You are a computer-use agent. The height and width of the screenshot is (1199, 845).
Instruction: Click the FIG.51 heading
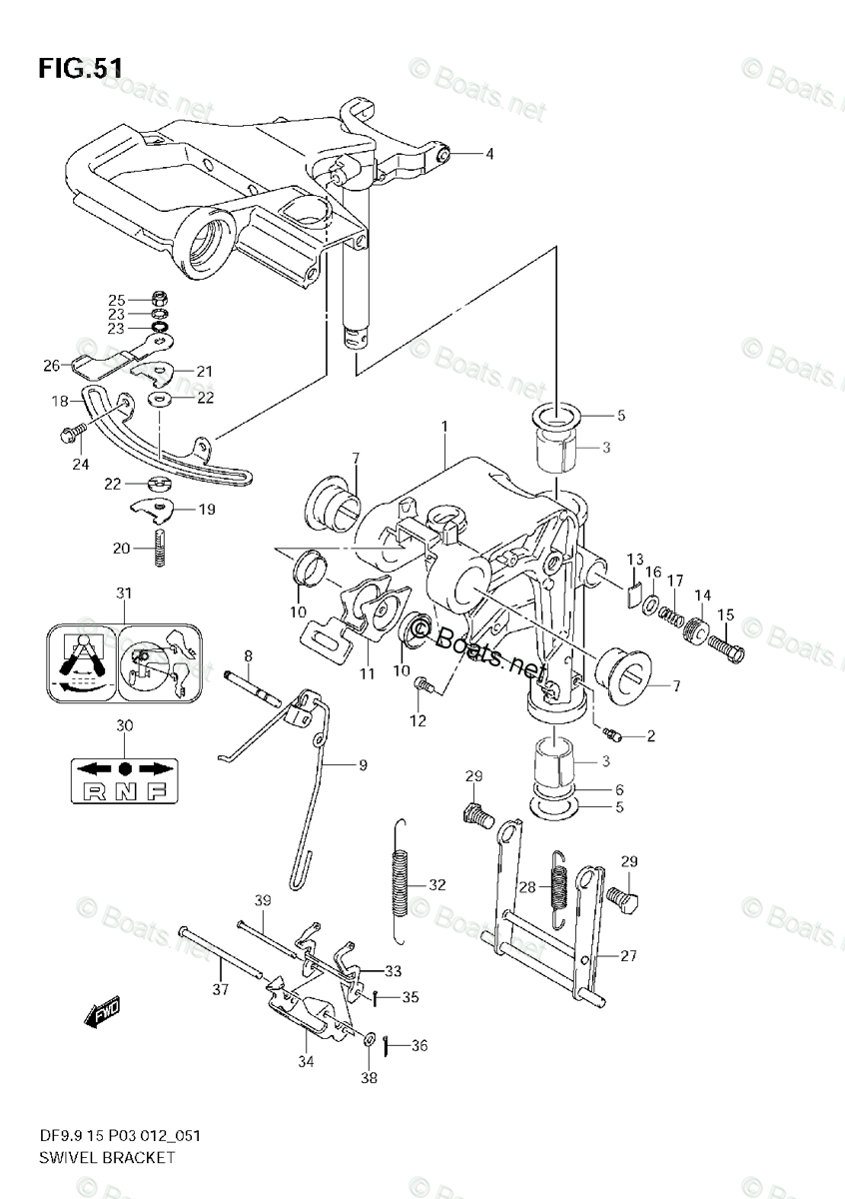click(81, 68)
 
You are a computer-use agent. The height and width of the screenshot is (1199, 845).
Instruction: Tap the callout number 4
click(489, 154)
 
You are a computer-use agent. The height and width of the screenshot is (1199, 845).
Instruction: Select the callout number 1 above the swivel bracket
click(444, 427)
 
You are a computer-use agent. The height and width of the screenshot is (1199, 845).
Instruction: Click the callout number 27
click(627, 955)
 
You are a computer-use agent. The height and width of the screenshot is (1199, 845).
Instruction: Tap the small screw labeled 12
click(423, 685)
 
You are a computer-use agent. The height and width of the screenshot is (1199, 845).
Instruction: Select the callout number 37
click(221, 990)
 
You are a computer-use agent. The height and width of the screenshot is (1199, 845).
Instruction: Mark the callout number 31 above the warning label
click(123, 595)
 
